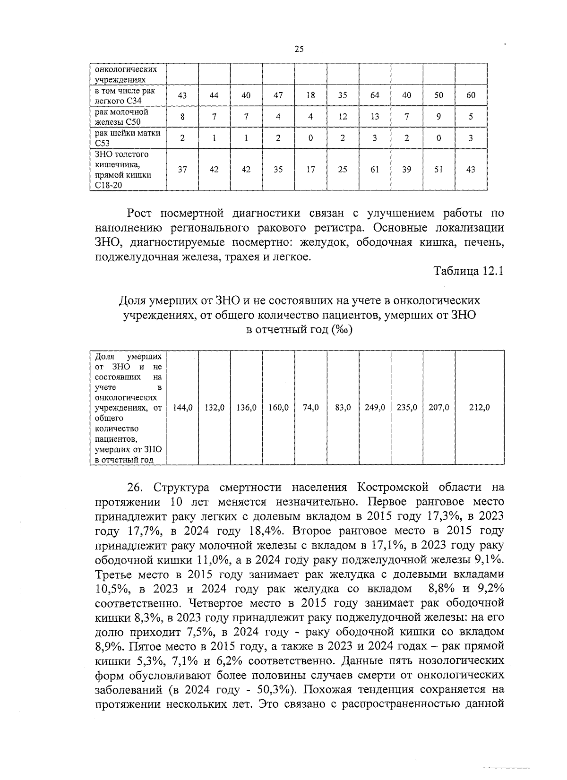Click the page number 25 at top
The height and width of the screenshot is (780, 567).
tap(299, 49)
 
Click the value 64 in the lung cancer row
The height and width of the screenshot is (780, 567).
tap(375, 95)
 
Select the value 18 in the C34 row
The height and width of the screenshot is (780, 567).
tap(310, 95)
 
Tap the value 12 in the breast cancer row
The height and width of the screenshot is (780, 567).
tap(343, 117)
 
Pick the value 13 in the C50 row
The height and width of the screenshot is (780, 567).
tap(375, 117)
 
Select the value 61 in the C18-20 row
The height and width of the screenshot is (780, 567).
tap(375, 169)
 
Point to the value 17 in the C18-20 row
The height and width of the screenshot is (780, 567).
tap(310, 169)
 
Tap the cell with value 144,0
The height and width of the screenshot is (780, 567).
tap(183, 407)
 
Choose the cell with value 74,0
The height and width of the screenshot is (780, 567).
tap(310, 407)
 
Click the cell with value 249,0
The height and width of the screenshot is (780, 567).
tap(375, 407)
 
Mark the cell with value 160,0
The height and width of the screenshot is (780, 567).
tap(279, 407)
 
